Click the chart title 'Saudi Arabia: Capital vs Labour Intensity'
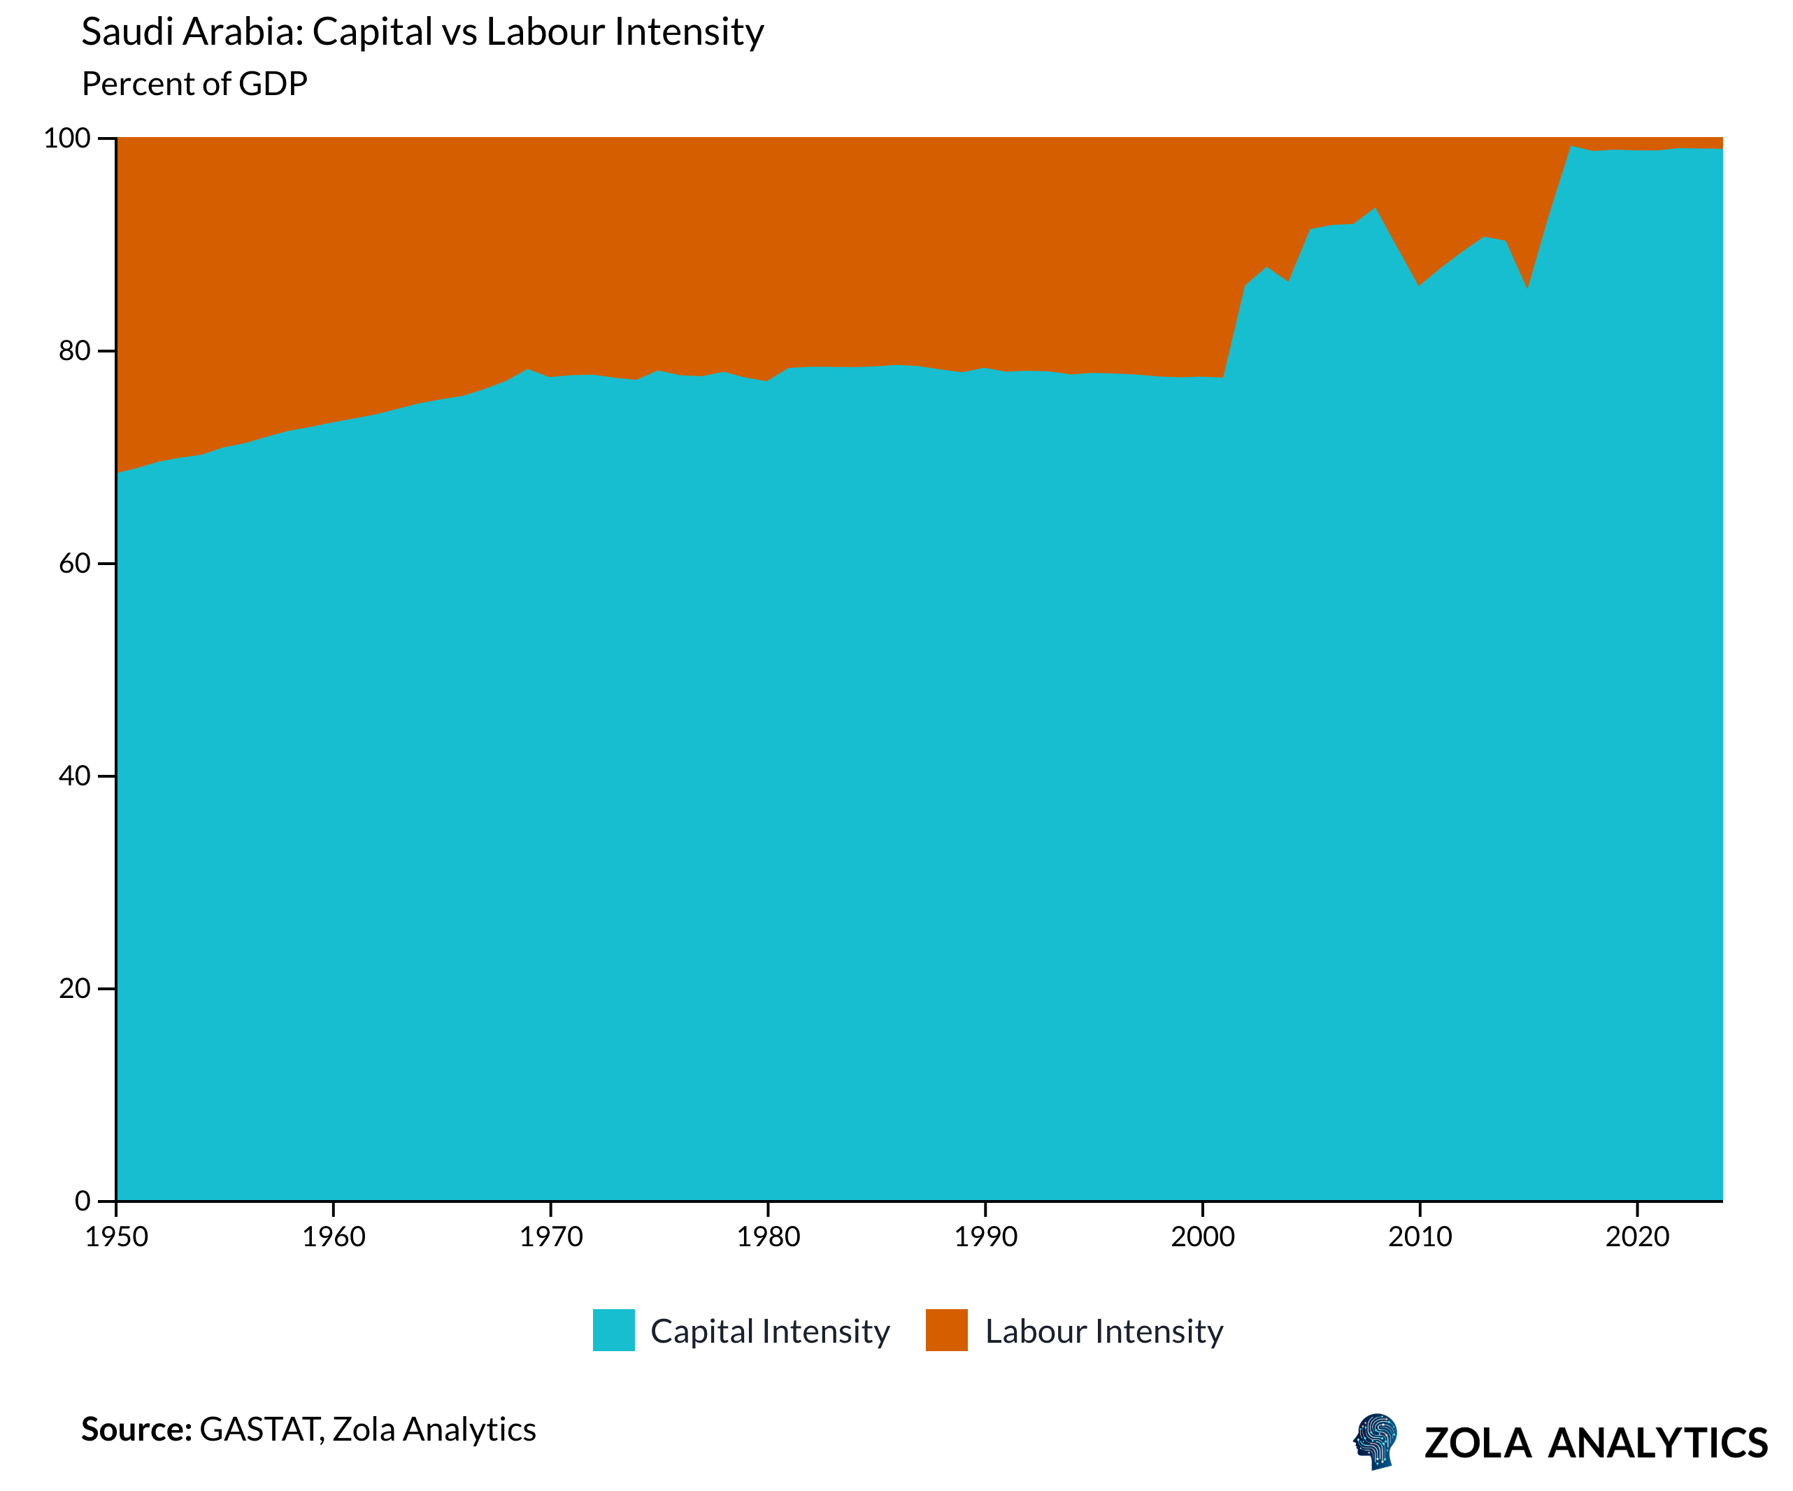click(422, 32)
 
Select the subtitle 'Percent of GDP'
click(194, 84)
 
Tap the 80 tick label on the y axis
click(74, 351)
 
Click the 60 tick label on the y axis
click(74, 564)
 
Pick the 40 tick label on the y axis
click(74, 776)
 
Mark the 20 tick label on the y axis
click(74, 989)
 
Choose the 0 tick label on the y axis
click(82, 1201)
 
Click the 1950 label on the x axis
click(116, 1237)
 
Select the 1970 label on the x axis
click(551, 1237)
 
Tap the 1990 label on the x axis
click(985, 1237)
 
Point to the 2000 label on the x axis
click(1202, 1237)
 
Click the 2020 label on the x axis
click(1637, 1237)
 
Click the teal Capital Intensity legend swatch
click(614, 1330)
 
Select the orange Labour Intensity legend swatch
click(946, 1330)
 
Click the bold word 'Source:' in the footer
click(136, 1429)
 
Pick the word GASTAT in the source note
click(259, 1429)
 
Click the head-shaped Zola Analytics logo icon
click(1376, 1441)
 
